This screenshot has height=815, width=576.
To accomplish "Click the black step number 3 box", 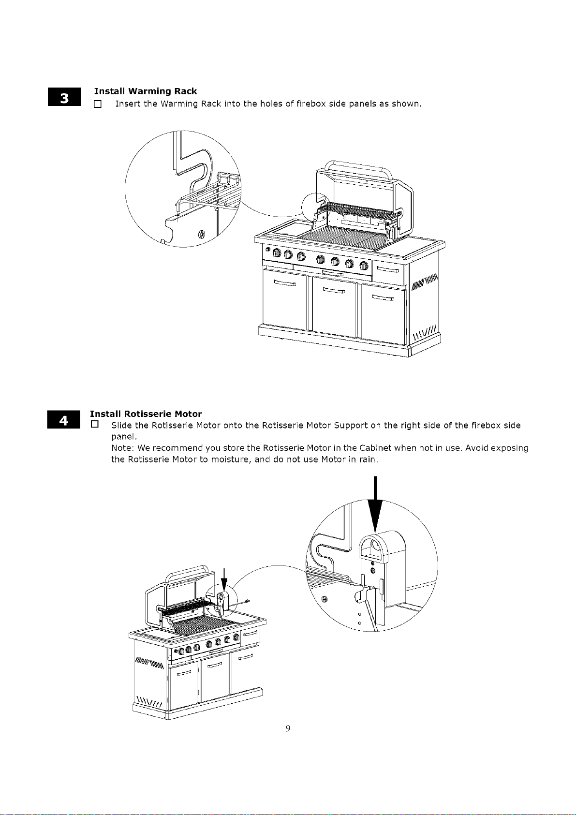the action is coord(64,97).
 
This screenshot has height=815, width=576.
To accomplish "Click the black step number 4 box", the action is coord(63,419).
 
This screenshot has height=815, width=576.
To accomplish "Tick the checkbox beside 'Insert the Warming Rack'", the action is coord(98,104).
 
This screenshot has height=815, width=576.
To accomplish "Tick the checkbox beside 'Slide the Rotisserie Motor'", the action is coord(95,424).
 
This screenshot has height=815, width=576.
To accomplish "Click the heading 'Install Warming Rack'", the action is coord(146,91).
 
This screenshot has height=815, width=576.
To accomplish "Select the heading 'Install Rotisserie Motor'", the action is coord(146,414).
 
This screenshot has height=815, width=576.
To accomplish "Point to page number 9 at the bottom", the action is coord(288,728).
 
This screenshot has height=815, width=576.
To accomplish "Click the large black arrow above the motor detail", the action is coord(375,504).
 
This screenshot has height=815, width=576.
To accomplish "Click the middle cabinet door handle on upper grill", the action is coord(334,290).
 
